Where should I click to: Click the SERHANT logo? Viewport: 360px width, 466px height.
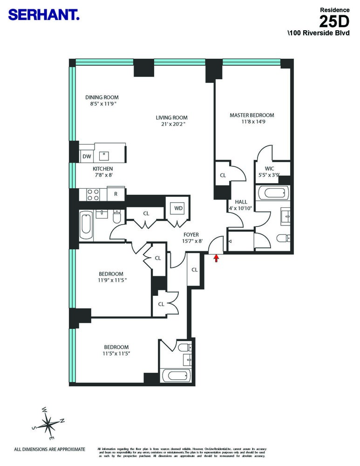pos(44,15)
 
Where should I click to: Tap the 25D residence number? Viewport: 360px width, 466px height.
pos(334,21)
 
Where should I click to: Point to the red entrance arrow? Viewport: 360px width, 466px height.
pos(216,258)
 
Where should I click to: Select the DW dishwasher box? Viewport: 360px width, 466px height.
pos(87,157)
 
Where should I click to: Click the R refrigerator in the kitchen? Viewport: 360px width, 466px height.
pos(115,193)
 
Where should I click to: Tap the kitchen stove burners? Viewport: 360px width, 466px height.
pos(92,194)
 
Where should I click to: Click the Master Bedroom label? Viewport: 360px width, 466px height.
pos(251,115)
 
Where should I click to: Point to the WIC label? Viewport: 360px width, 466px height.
pos(269,168)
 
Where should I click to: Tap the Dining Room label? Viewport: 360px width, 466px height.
pos(102,97)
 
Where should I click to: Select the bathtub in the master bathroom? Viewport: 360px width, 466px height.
pos(272,193)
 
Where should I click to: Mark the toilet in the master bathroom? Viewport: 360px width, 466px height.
pos(283,239)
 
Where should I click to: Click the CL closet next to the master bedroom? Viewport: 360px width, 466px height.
pos(223,176)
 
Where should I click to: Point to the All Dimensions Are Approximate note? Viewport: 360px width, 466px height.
pos(50,449)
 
